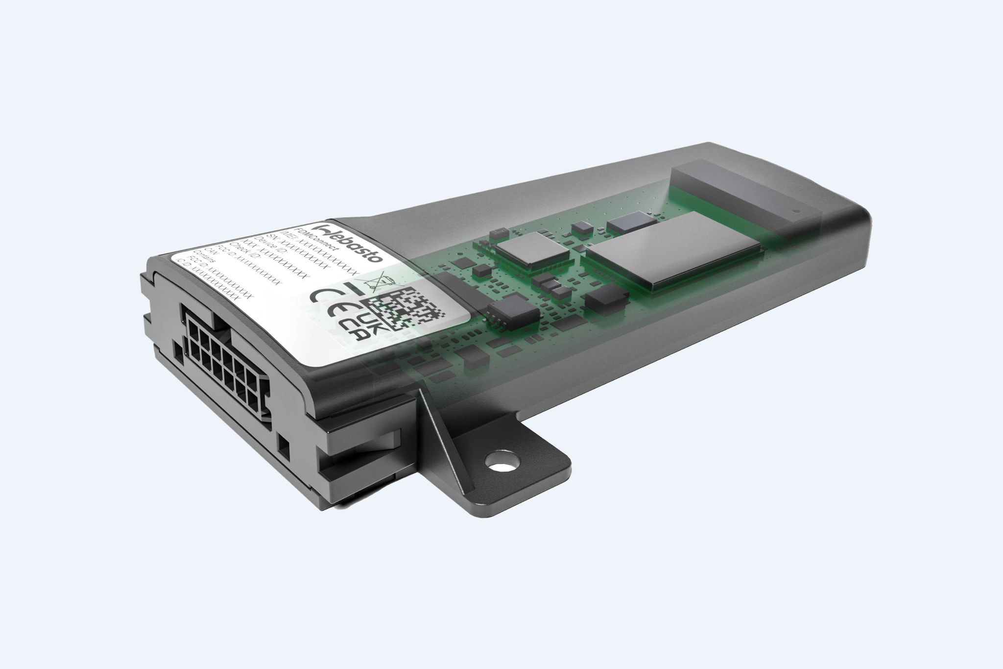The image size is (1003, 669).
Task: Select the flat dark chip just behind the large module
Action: [621, 223]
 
